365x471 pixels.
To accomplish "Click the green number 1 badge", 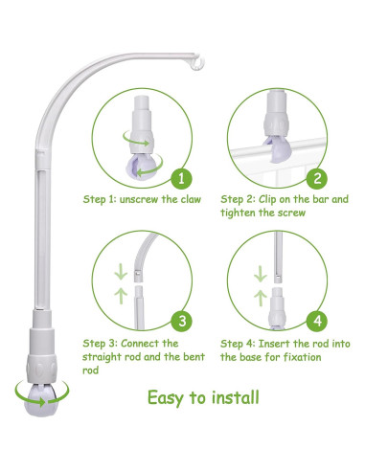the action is [181, 178].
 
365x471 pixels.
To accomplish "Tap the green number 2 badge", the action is [317, 178].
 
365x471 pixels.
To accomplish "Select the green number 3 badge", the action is [182, 321].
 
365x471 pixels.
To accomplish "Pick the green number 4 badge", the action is [317, 321].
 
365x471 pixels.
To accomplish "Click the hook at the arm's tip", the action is [196, 63].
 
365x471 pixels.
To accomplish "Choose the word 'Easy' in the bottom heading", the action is [166, 398].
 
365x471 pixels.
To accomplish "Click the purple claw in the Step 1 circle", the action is [142, 166].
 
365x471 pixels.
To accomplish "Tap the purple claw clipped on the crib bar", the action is [277, 149].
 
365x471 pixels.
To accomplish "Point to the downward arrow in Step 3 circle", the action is [121, 272].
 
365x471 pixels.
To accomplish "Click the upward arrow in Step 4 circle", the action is [261, 298].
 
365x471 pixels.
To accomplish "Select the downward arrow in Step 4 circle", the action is [261, 274].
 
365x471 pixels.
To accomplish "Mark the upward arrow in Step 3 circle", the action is [121, 296].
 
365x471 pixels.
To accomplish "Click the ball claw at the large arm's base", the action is [41, 400].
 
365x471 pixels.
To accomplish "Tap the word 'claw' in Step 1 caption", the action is [191, 199].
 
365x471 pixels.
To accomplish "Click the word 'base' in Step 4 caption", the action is [250, 357].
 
